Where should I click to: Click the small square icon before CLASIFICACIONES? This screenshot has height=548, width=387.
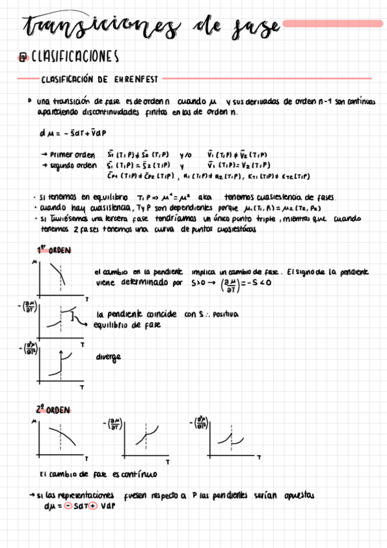point(23,58)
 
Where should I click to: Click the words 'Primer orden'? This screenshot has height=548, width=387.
point(72,155)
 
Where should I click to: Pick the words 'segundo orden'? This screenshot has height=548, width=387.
point(73,165)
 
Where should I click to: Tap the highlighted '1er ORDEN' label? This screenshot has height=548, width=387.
point(54,250)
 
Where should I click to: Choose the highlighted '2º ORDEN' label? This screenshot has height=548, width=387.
point(53,409)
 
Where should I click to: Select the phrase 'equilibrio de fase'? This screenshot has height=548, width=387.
point(126,324)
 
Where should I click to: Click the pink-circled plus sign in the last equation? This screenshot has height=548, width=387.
point(92,506)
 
